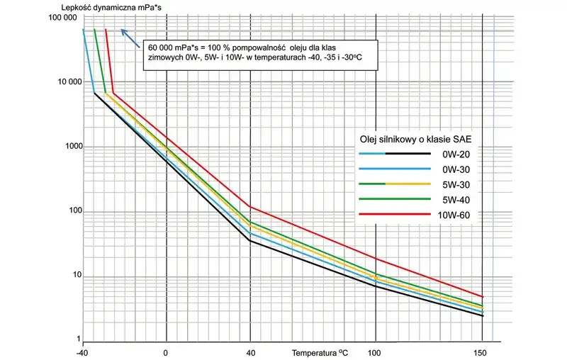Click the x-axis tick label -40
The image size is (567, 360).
tap(83, 352)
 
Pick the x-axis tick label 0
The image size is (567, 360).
tap(166, 352)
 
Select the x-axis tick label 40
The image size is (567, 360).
tap(249, 352)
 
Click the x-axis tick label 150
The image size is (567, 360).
tap(482, 352)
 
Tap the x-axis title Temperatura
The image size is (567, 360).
tap(315, 351)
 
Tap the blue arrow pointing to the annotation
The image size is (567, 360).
tap(129, 34)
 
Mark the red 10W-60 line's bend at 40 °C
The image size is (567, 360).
tap(249, 206)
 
